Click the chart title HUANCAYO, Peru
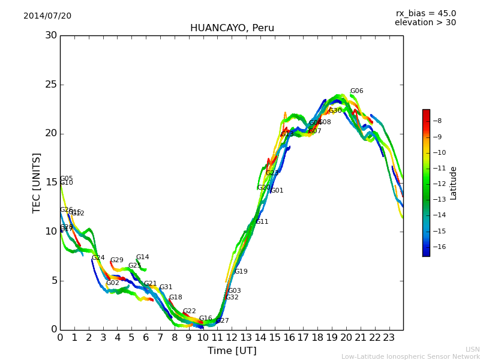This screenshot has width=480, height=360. [x=232, y=28]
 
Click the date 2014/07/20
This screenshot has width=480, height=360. [x=47, y=16]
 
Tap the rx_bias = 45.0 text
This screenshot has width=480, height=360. [x=425, y=14]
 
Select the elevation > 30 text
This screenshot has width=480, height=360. [x=425, y=23]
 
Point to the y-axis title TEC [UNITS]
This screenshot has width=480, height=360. [x=37, y=182]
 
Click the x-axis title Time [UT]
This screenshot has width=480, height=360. [x=232, y=351]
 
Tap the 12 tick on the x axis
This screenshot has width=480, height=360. [x=232, y=338]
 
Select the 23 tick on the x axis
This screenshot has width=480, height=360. [x=389, y=338]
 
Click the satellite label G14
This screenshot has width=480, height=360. [x=142, y=257]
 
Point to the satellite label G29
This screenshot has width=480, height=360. [x=116, y=260]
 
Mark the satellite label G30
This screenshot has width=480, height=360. [x=335, y=111]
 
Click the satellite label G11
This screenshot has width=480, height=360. [x=262, y=222]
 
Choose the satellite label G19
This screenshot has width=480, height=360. [x=241, y=272]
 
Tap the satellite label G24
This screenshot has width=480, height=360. [x=98, y=258]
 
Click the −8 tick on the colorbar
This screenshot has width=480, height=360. [x=437, y=121]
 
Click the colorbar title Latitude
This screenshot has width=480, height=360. [x=454, y=183]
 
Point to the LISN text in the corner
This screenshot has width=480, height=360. [x=472, y=349]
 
